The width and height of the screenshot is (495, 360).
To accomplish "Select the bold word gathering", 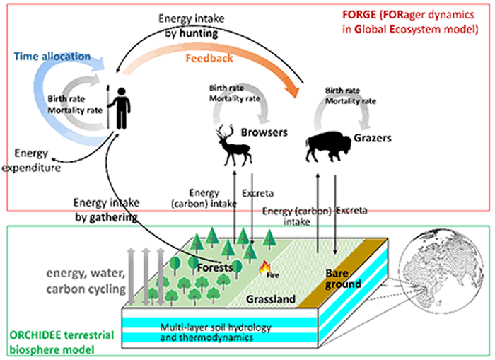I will [x=106, y=217].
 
